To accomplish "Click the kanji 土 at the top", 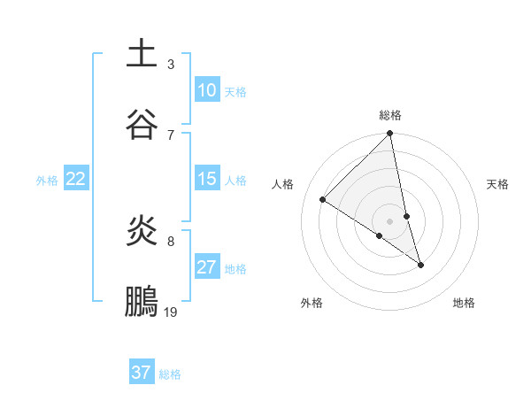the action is (x=142, y=52).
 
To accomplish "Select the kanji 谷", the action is (x=142, y=124).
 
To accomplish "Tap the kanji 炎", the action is (x=142, y=231).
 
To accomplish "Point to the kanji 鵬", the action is (x=142, y=302).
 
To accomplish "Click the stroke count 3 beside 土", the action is (x=171, y=64).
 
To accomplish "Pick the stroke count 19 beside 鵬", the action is (x=171, y=312).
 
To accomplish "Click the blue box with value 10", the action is (x=207, y=90).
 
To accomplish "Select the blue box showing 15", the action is (x=207, y=179).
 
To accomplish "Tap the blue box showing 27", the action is (x=207, y=267).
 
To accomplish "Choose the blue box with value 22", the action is (x=76, y=179).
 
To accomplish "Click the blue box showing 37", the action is (x=142, y=373).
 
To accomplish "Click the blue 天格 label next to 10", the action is (x=235, y=91).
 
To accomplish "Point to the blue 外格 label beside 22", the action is (x=47, y=180).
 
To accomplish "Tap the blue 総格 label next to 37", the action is (x=170, y=374).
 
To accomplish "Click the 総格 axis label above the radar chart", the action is (x=390, y=115).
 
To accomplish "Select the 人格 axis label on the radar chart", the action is (x=283, y=184).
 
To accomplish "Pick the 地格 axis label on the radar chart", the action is (x=464, y=303).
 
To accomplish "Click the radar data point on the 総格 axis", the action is (x=390, y=135).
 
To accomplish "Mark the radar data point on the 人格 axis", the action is (x=323, y=200).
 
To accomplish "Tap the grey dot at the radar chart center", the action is (x=390, y=221).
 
